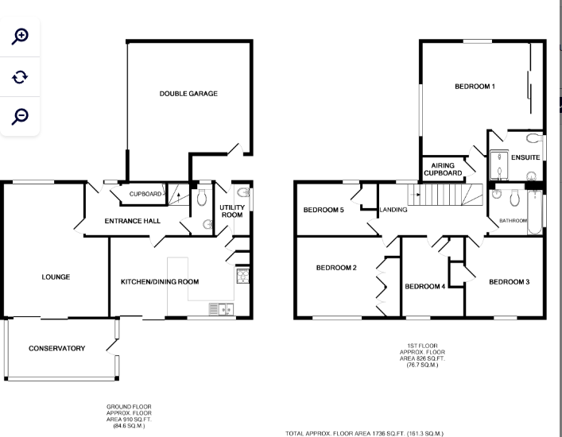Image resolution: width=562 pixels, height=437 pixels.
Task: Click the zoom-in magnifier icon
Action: pos(21,36)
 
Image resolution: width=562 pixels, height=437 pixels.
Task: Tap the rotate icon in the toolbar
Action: pos(21,76)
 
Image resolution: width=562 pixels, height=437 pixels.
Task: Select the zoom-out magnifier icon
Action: pos(21,116)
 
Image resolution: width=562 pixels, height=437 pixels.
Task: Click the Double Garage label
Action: pos(188,94)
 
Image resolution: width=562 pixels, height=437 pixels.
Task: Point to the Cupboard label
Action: pos(145,194)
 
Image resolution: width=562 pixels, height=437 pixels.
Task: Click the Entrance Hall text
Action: pos(134,221)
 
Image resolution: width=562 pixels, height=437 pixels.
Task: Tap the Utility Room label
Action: pos(231,211)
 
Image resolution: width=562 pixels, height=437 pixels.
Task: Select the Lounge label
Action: pos(56,277)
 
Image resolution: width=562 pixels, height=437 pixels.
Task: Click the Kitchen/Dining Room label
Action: pos(160,281)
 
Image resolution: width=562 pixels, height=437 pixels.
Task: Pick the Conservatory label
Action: pos(56,348)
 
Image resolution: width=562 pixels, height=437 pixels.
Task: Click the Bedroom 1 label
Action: pos(475,87)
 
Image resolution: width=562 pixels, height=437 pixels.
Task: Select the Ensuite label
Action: pos(525,157)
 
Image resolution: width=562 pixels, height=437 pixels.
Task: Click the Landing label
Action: pos(393,211)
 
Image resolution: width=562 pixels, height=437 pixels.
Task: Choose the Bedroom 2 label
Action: pos(336,268)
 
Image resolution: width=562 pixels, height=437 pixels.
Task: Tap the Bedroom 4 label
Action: pos(424,286)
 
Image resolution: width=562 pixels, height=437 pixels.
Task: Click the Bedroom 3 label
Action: pos(509,282)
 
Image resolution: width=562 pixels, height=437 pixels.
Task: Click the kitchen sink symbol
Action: pos(219,309)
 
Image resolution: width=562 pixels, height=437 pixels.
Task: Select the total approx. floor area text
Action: pos(365,434)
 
